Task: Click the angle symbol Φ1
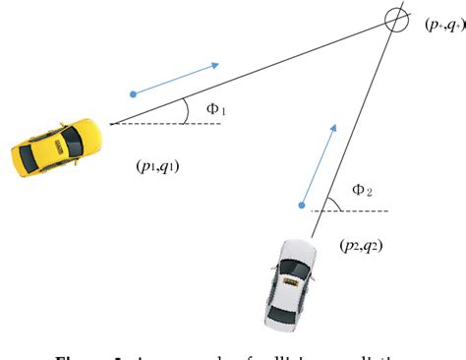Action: coord(215,109)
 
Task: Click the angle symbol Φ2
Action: coord(362,190)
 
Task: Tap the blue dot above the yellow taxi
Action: coord(134,94)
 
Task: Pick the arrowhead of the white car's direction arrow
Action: coord(333,129)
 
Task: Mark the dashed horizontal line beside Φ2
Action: coord(354,210)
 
